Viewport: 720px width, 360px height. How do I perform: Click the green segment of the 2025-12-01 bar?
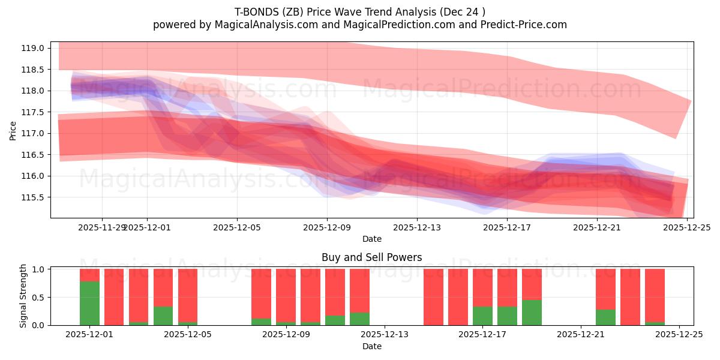click(89, 303)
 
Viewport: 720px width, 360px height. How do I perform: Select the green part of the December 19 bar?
click(532, 313)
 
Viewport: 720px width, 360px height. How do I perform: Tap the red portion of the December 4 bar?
click(163, 287)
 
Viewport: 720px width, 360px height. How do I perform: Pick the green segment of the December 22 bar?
click(605, 317)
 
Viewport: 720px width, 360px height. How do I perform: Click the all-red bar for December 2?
click(114, 297)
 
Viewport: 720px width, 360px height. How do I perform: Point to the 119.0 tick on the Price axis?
click(34, 48)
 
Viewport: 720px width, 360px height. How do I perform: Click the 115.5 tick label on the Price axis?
click(34, 197)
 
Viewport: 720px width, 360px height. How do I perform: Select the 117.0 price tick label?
click(34, 133)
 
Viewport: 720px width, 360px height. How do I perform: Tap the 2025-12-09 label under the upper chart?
click(327, 227)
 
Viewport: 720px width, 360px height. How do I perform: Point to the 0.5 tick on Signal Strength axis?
click(39, 298)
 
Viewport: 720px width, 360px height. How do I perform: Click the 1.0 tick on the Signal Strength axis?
click(39, 269)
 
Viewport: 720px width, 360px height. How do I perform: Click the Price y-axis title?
click(13, 130)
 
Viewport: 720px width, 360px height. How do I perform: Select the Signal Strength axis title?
click(23, 296)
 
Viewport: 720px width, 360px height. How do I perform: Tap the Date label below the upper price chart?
click(372, 239)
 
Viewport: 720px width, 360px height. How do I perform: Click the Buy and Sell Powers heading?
click(372, 257)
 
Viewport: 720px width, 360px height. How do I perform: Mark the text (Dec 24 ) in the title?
click(464, 11)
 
